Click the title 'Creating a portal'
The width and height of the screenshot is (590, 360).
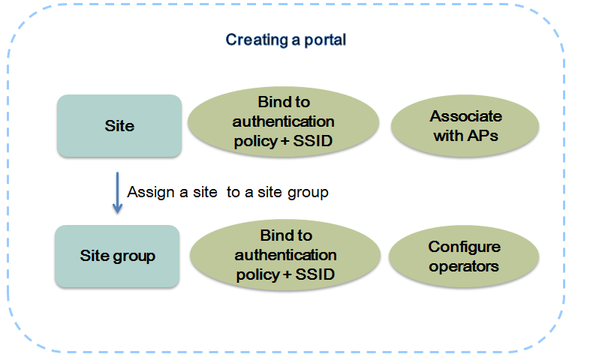click(285, 40)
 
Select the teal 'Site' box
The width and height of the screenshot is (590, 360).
click(119, 125)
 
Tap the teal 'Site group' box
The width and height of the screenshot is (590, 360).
click(117, 256)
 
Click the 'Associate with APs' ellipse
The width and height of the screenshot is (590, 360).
click(465, 126)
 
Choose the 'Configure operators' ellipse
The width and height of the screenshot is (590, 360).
click(464, 256)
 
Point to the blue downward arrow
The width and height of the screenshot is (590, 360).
click(117, 193)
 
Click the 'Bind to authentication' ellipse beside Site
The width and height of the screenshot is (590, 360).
click(283, 121)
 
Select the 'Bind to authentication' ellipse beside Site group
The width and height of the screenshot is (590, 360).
click(285, 255)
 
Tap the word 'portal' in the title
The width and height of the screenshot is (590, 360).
click(325, 40)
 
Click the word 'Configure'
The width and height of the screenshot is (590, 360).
click(465, 247)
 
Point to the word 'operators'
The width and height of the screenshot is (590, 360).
click(464, 267)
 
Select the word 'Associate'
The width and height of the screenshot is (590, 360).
click(466, 116)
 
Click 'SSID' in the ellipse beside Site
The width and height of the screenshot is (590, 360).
click(313, 141)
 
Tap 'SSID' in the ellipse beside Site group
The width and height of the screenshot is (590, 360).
click(315, 274)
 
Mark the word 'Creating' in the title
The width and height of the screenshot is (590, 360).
click(257, 40)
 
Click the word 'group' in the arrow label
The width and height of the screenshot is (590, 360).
click(308, 193)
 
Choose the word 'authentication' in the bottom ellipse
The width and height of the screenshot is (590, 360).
click(285, 255)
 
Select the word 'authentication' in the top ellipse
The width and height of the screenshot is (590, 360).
click(283, 121)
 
